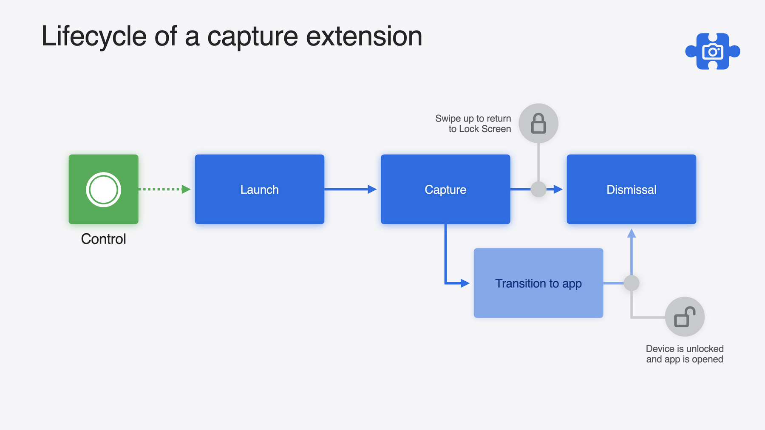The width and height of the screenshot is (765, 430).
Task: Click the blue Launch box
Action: pos(259,189)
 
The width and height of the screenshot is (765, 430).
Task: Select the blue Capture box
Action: pos(445,189)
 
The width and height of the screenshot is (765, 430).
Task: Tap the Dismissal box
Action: pos(631,189)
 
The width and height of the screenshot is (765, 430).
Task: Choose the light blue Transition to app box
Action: pos(538,283)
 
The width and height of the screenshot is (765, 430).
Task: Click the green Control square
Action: pos(104,189)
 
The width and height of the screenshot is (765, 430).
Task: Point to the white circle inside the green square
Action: pos(104,190)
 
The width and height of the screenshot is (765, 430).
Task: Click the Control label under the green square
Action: pos(104,239)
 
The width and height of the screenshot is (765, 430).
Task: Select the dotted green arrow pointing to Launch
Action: pos(164,189)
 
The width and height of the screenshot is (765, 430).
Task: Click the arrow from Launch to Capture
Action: pos(351,189)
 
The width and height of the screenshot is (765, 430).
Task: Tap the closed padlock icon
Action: pos(538,123)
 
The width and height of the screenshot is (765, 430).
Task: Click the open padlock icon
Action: pos(685,317)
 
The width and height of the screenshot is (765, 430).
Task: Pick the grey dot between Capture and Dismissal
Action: pos(538,189)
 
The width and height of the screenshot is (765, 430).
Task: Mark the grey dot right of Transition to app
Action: pos(632,283)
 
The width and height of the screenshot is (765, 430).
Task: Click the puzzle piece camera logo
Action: pos(713,51)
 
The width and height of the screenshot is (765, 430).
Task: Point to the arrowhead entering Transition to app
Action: pos(465,283)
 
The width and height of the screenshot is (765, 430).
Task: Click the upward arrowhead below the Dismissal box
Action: pos(632,233)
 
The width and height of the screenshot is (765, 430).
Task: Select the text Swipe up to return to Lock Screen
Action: pos(473,124)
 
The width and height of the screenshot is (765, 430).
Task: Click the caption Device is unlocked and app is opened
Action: pos(685,354)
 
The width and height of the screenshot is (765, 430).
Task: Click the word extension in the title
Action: pos(364,37)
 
